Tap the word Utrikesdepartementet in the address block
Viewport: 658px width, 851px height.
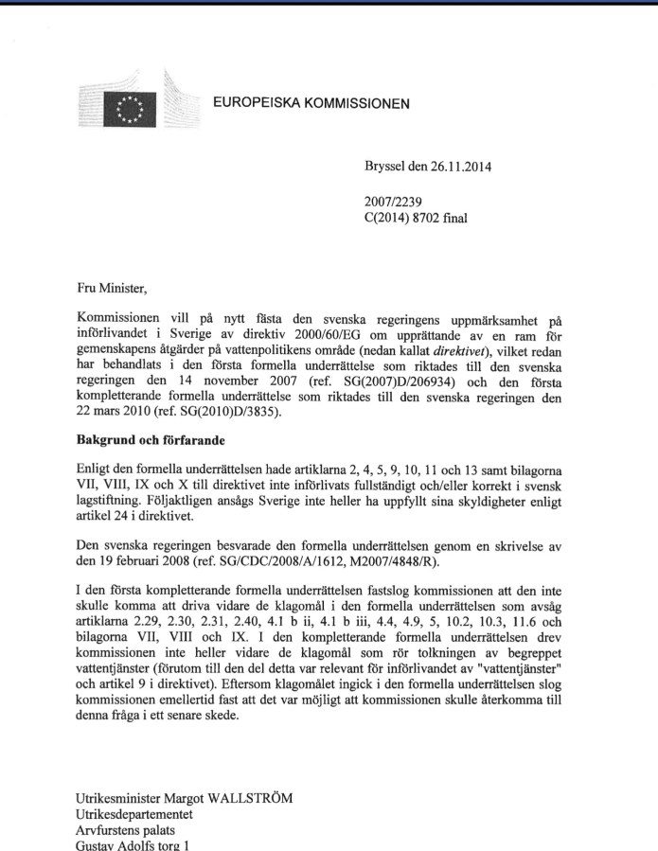point(133,813)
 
